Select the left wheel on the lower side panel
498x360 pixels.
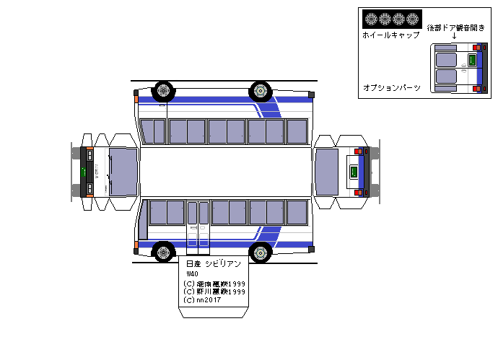[x=164, y=252]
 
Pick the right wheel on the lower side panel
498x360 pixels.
[x=260, y=252]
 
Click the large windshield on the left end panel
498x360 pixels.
[x=123, y=172]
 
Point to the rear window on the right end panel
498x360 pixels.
[x=327, y=172]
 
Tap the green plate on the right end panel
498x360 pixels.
[x=354, y=172]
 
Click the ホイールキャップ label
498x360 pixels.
[x=390, y=35]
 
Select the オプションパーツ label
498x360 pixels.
[x=390, y=87]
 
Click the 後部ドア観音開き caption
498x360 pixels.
[x=455, y=27]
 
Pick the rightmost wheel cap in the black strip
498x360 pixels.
[x=412, y=19]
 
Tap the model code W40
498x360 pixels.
[x=192, y=274]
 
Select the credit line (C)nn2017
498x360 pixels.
[x=204, y=300]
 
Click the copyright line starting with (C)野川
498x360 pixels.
[x=215, y=291]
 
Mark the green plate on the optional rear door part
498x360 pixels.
[x=472, y=61]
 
